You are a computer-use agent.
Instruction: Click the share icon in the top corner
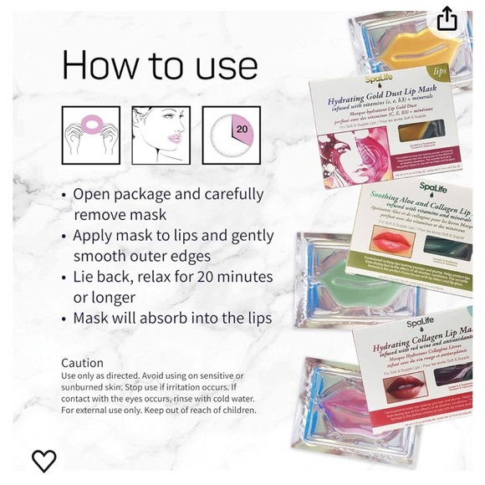[447, 18]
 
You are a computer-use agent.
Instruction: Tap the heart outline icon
[43, 460]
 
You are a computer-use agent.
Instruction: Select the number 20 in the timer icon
[242, 130]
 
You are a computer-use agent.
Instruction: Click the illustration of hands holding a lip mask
[90, 134]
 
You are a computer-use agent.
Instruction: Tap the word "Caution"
[82, 363]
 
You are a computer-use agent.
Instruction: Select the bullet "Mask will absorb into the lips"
[171, 318]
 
